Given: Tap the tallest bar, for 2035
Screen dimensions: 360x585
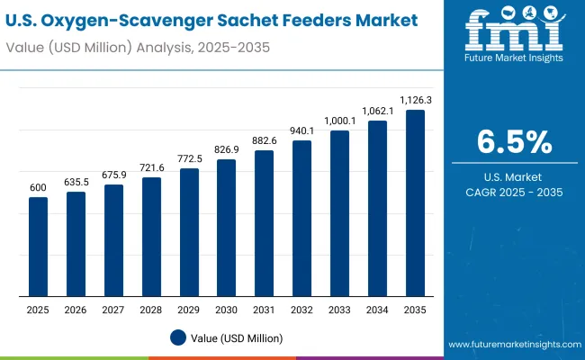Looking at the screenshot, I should (x=415, y=202).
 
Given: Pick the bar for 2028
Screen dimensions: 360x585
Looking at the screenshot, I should (x=151, y=236).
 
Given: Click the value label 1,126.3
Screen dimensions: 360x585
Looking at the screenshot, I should (x=415, y=101).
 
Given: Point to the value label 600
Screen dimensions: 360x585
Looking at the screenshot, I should (x=38, y=187).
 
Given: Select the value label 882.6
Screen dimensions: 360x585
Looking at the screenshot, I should (x=265, y=140).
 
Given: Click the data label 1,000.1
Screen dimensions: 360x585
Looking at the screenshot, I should (x=340, y=121).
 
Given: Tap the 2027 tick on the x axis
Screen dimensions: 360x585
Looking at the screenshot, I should (x=113, y=309).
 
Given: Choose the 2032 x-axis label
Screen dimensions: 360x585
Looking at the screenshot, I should (x=302, y=309).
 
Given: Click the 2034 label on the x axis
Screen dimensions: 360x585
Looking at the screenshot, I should (x=377, y=309).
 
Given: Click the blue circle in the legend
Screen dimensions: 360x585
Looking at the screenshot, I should (x=178, y=337).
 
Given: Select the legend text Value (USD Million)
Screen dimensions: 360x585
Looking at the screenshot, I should (x=236, y=337).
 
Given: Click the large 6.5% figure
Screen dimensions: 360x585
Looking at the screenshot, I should (x=514, y=141).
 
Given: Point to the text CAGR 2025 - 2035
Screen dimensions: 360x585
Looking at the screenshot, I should (x=514, y=192).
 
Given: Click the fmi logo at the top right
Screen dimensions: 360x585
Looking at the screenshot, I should (x=514, y=36).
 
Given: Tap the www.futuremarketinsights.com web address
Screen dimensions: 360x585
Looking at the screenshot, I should (x=514, y=345).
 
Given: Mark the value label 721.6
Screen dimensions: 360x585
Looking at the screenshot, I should (x=151, y=167).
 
